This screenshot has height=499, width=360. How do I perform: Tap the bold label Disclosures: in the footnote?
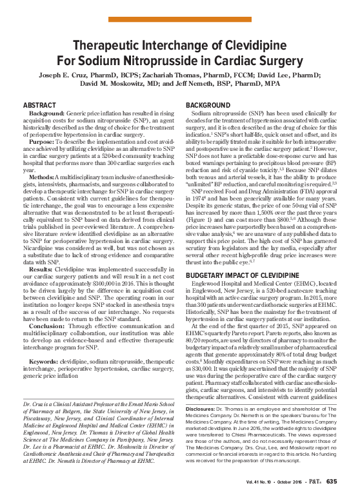click(204, 409)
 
